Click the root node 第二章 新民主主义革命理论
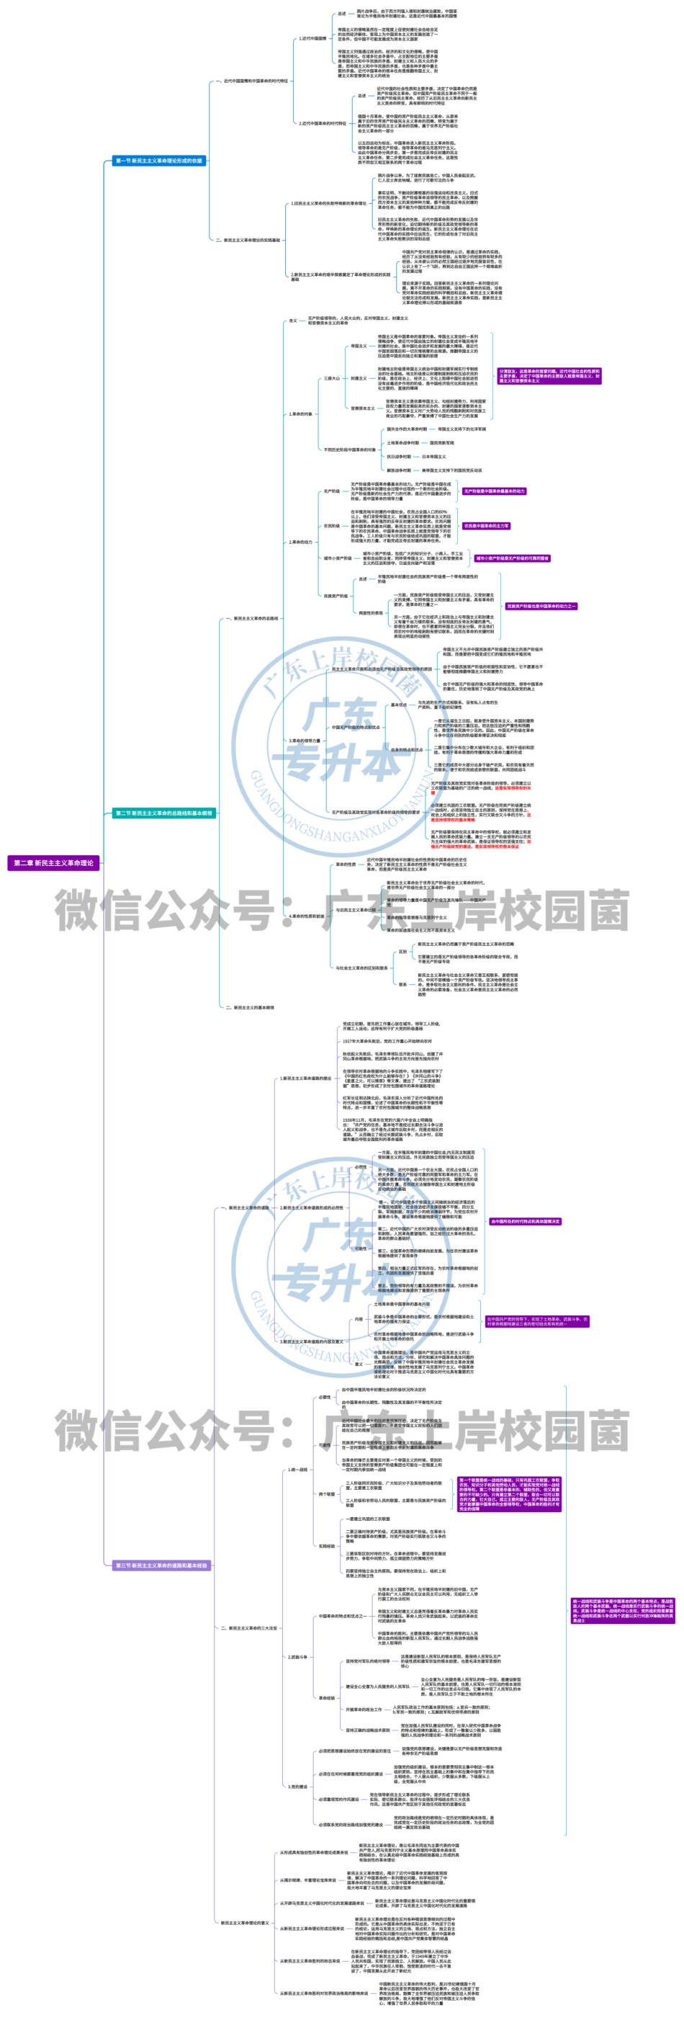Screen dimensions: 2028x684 point(53,862)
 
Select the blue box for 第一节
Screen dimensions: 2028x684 point(159,161)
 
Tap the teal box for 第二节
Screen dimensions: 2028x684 point(163,813)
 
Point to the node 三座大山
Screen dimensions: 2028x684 point(332,378)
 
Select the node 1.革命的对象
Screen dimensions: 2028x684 point(300,414)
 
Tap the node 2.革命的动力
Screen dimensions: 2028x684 point(300,542)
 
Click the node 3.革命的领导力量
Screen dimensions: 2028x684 point(305,740)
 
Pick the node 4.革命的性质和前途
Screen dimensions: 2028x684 point(306,916)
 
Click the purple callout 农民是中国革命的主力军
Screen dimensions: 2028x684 point(486,525)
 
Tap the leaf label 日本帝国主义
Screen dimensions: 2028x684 point(433,456)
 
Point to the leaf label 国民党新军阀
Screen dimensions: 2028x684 point(441,442)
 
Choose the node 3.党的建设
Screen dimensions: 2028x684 point(297,1787)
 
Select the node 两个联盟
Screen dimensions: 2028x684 point(327,1493)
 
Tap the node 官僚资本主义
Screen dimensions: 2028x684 point(363,408)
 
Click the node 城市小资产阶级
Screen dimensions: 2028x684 point(338,558)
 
